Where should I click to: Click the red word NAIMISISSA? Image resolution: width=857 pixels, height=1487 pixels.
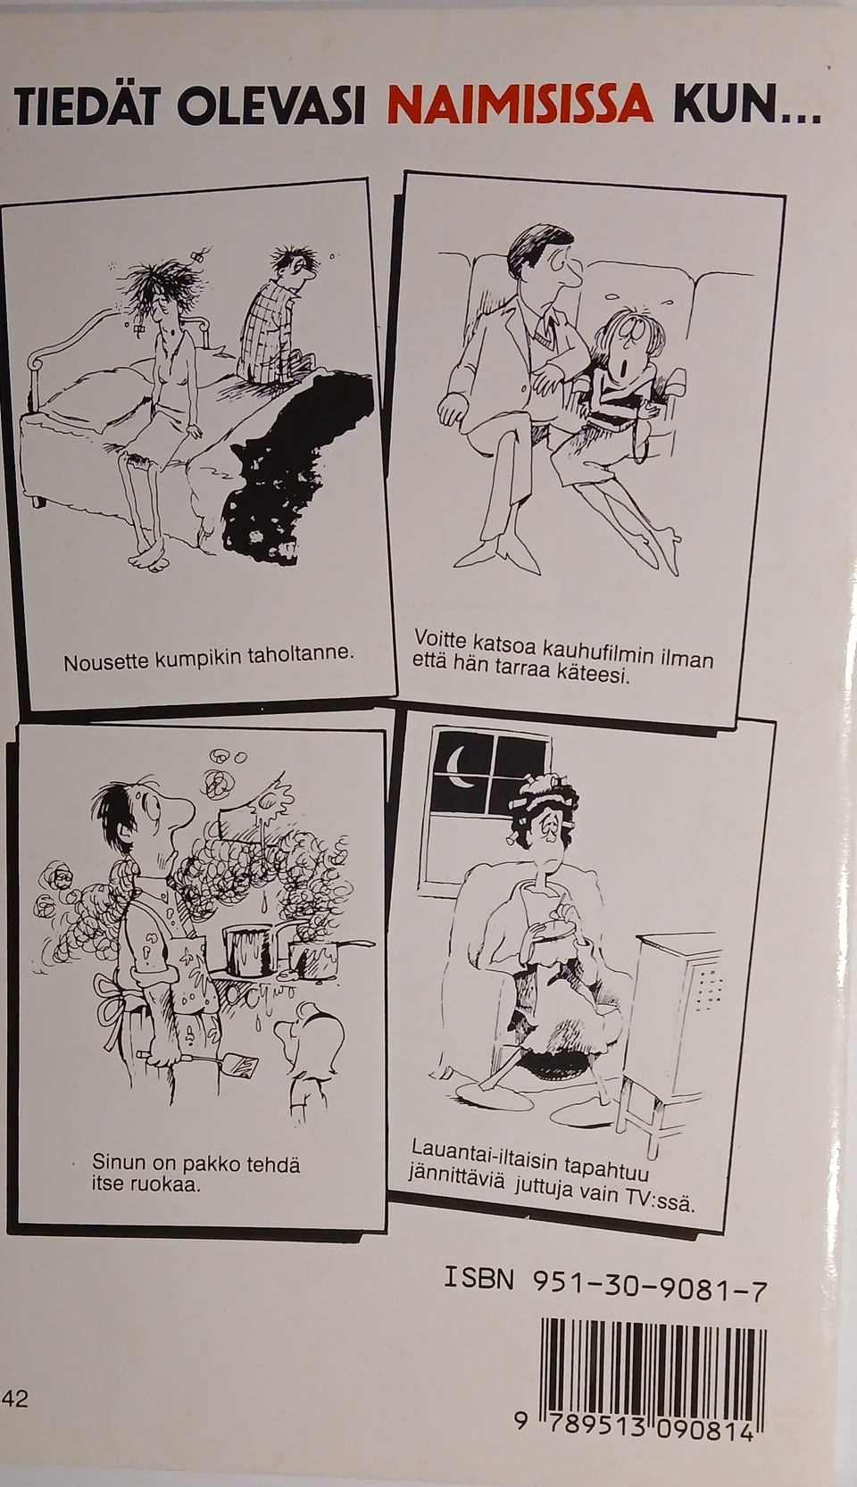pyautogui.click(x=520, y=106)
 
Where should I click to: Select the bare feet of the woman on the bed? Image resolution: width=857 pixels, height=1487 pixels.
pyautogui.click(x=149, y=557)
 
